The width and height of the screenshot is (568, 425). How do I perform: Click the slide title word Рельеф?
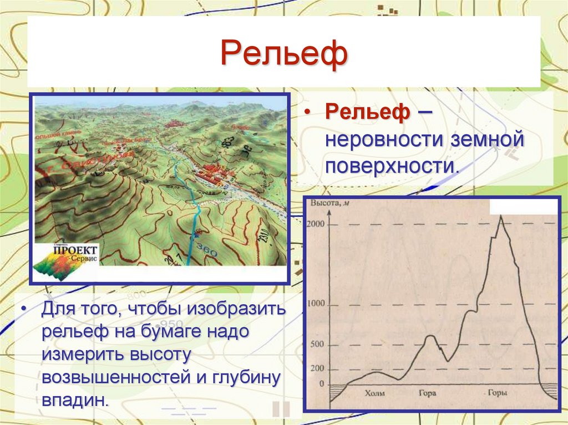pyautogui.click(x=284, y=55)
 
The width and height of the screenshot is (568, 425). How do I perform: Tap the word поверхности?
pyautogui.click(x=392, y=166)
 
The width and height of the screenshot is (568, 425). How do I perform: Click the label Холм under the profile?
pyautogui.click(x=374, y=395)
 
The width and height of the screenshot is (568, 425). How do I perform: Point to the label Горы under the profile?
pyautogui.click(x=496, y=395)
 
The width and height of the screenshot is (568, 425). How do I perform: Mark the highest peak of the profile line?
pyautogui.click(x=501, y=216)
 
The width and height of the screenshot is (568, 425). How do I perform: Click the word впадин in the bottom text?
pyautogui.click(x=72, y=399)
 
